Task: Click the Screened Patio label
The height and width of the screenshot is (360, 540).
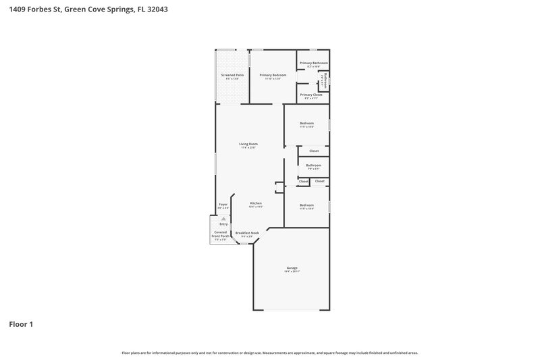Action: [x=230, y=75]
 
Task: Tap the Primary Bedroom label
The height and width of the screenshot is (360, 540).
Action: [x=273, y=75]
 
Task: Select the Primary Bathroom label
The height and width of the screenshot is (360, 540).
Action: [x=314, y=63]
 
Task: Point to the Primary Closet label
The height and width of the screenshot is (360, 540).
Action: [x=311, y=95]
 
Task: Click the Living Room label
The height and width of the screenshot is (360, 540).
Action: [x=248, y=144]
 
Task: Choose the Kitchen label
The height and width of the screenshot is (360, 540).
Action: [x=256, y=203]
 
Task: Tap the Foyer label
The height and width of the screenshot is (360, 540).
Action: [x=223, y=203]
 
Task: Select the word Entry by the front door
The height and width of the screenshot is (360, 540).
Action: [x=223, y=224]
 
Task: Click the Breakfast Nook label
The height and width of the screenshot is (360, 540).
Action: [x=247, y=232]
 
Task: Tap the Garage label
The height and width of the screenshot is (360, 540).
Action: [x=292, y=267]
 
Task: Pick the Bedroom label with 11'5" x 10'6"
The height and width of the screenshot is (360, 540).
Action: [x=306, y=123]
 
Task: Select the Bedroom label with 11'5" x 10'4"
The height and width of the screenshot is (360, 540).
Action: [x=306, y=205]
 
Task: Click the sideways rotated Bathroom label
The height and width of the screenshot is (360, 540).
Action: [x=327, y=80]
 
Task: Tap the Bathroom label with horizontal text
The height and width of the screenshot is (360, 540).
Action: [x=313, y=165]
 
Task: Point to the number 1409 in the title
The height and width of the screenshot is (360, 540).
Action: [x=18, y=9]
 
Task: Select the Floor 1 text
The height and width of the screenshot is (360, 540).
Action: [x=21, y=324]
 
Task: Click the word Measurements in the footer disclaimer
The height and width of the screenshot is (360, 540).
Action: [x=279, y=353]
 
